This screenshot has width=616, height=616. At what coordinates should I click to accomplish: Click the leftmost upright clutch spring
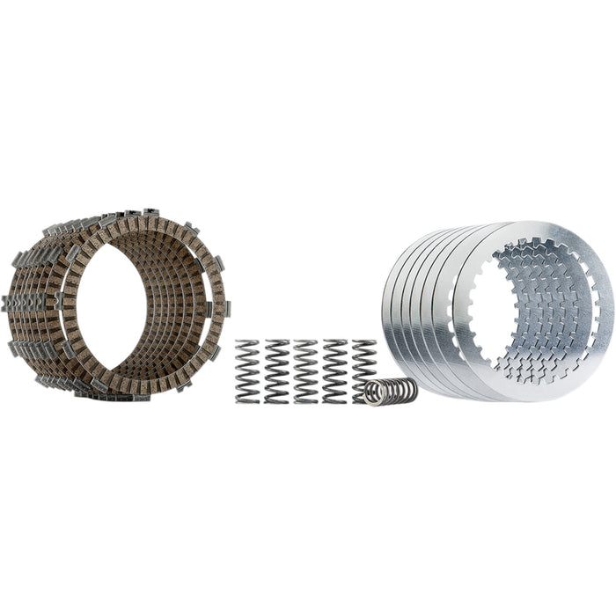coord(247,370)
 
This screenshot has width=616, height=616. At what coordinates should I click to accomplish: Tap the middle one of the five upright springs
coord(305,370)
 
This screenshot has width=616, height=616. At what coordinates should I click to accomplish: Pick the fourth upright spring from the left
coord(334,370)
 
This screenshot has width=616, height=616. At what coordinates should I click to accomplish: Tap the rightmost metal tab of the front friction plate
coord(224,308)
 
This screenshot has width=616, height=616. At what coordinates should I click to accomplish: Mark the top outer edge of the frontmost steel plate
coord(537,225)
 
